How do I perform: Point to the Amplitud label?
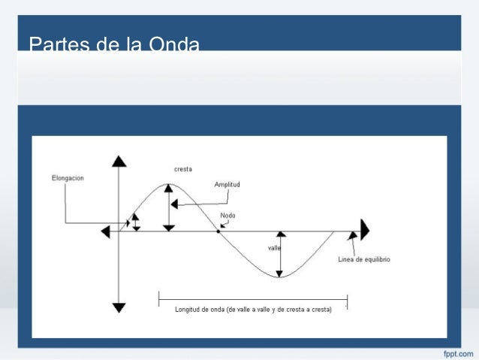(x=227, y=184)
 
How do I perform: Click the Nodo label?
(x=227, y=216)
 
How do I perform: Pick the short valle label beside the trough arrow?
(x=274, y=247)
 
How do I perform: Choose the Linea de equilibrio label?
(x=363, y=260)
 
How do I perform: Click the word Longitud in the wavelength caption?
(x=189, y=310)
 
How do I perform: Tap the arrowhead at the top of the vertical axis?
(x=119, y=161)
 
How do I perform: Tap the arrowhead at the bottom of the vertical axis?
(x=119, y=307)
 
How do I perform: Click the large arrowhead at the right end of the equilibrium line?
(x=365, y=229)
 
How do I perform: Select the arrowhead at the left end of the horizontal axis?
(x=105, y=231)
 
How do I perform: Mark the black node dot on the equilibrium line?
(x=218, y=231)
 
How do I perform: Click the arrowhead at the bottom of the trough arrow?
(x=279, y=272)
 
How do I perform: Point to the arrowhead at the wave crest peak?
(x=169, y=188)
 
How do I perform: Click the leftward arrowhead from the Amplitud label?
(x=174, y=203)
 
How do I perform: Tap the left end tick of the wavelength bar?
(x=158, y=299)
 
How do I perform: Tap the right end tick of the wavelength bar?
(x=347, y=299)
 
